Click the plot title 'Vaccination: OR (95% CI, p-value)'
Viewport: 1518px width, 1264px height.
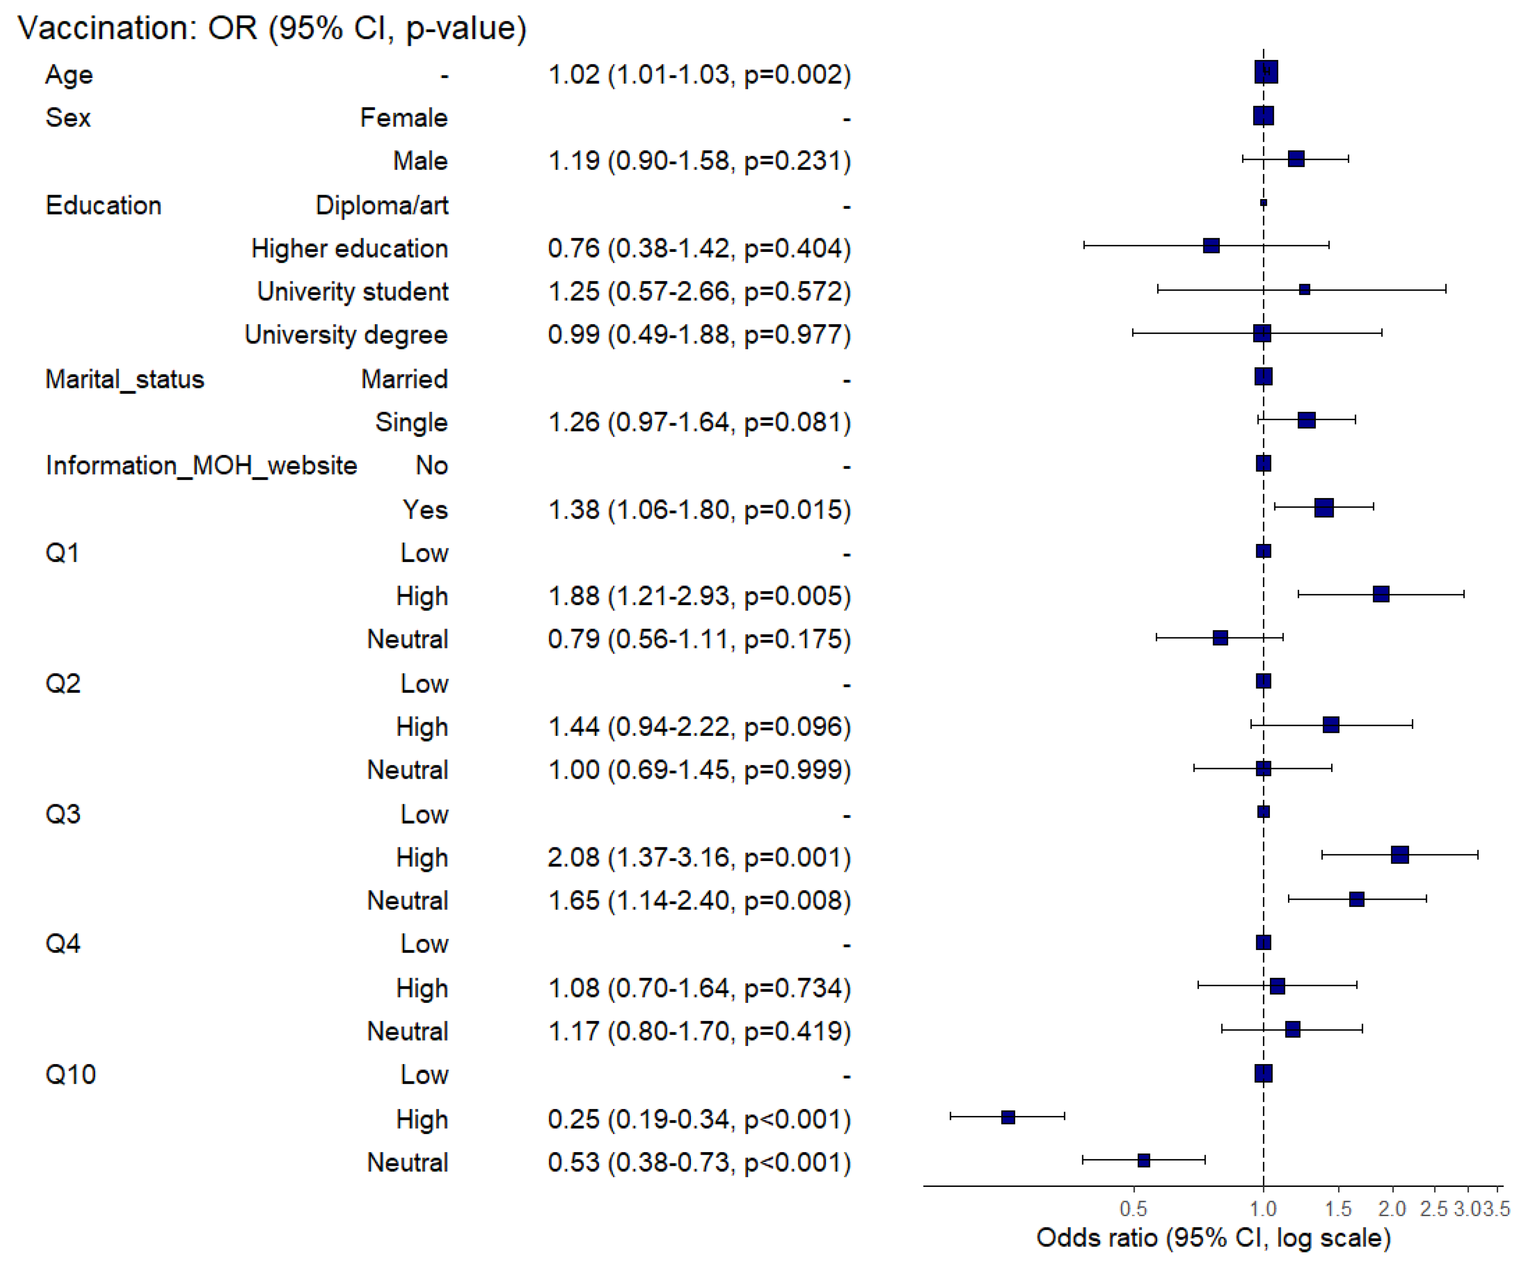click(272, 28)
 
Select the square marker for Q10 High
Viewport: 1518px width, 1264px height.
click(1008, 1117)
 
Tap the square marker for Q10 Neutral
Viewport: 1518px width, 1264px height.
click(1143, 1161)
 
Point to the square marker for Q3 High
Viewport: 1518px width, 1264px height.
click(1399, 855)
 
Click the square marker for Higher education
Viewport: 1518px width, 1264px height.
click(1211, 246)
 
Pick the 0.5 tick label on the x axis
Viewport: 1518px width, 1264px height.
click(1133, 1209)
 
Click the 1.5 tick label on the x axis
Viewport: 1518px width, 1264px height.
click(1338, 1209)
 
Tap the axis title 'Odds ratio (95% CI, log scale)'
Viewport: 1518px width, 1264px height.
click(1214, 1238)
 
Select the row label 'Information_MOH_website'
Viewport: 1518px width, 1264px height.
click(201, 466)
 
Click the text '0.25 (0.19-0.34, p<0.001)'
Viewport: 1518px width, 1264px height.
click(699, 1120)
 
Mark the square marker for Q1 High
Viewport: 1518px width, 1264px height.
click(1381, 594)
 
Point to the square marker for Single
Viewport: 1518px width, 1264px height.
click(1306, 420)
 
